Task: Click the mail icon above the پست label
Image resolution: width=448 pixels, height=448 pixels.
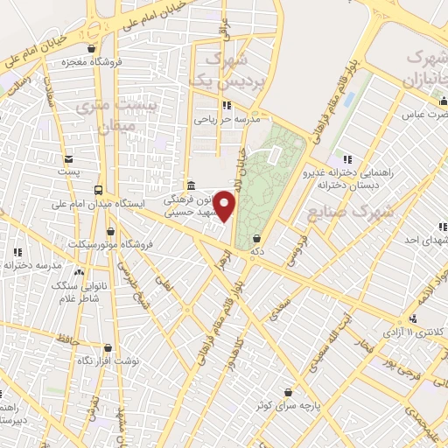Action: [x=68, y=159]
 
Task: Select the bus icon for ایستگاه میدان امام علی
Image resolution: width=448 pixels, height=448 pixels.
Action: [x=98, y=190]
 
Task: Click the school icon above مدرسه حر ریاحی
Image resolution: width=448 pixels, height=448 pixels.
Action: [x=229, y=106]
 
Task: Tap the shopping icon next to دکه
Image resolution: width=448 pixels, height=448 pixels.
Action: [x=255, y=237]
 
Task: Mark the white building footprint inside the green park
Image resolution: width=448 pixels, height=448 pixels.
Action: [x=274, y=155]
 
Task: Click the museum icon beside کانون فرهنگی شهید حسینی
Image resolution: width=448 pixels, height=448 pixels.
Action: [x=191, y=184]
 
